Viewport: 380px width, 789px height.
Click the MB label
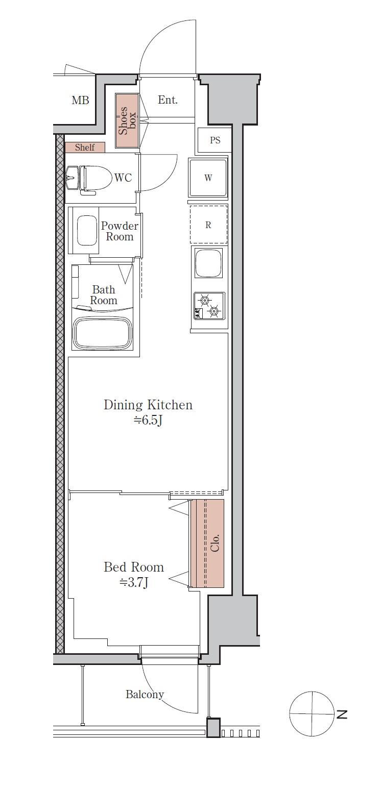(80, 101)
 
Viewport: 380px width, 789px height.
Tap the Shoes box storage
(127, 121)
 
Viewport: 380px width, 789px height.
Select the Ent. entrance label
(168, 100)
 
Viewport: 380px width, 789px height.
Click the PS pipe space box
(215, 140)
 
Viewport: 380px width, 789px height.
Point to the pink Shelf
(85, 147)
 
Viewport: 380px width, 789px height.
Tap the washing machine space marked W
(208, 178)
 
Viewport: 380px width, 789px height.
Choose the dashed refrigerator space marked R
(208, 225)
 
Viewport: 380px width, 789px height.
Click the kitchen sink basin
(208, 263)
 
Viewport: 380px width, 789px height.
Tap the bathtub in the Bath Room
(103, 333)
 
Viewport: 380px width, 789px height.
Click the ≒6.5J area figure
(148, 421)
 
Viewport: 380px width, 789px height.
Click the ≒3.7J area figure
(134, 583)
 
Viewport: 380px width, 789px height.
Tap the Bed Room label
(134, 567)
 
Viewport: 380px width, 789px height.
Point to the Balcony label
(145, 695)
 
